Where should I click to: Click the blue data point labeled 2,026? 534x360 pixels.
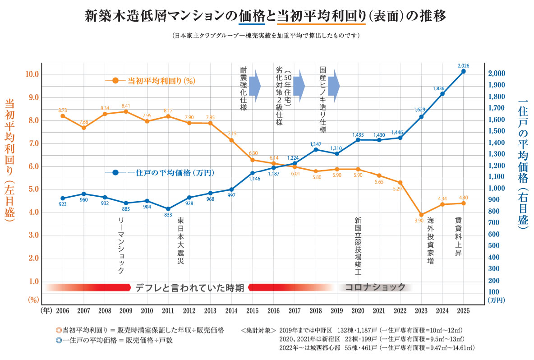coord(463,71)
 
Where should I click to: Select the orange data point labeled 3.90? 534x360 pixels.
coord(421,215)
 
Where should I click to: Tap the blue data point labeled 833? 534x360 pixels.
coord(168,209)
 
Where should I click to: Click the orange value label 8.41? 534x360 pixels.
coord(125,106)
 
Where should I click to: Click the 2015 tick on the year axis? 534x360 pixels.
coord(253,311)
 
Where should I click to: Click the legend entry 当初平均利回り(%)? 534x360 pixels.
coord(161,81)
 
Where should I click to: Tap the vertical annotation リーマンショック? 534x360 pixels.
coord(120,245)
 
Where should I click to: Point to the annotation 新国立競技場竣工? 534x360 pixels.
coord(358,246)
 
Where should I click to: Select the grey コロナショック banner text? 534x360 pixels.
coord(375,287)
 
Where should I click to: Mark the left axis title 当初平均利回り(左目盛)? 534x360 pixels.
coord(10,160)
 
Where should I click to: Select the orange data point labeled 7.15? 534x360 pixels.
coord(232,140)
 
